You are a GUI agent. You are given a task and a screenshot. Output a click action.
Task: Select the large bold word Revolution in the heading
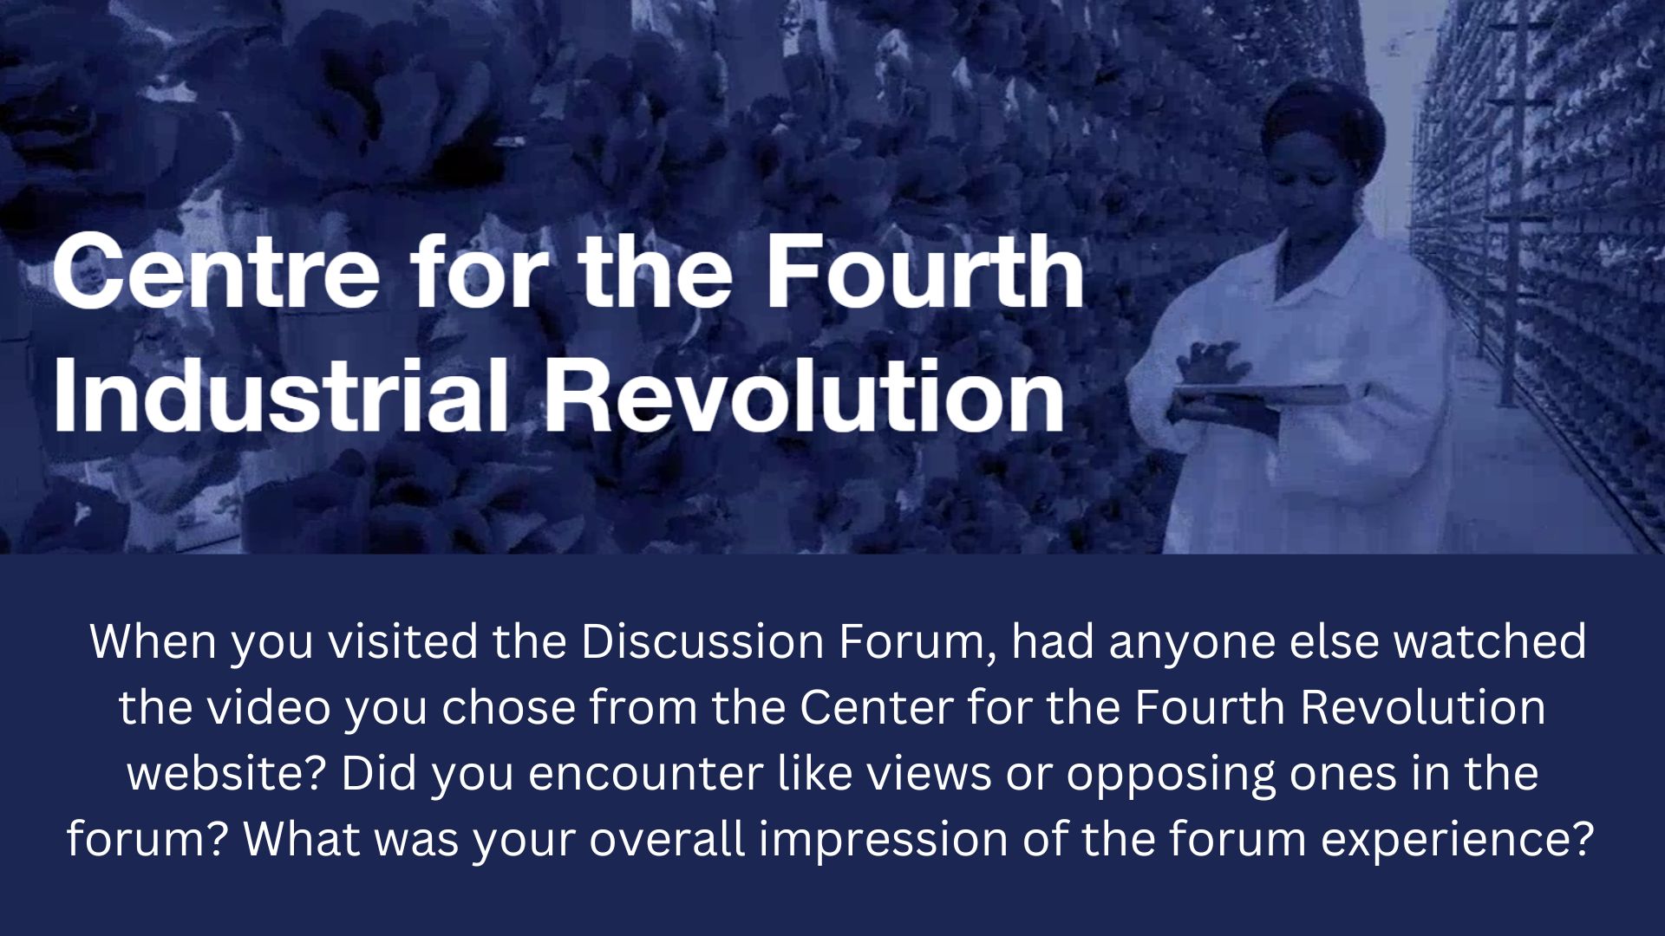(804, 394)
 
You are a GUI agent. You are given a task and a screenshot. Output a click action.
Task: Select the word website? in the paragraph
(227, 773)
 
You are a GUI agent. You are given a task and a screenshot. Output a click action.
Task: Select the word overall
(668, 839)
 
